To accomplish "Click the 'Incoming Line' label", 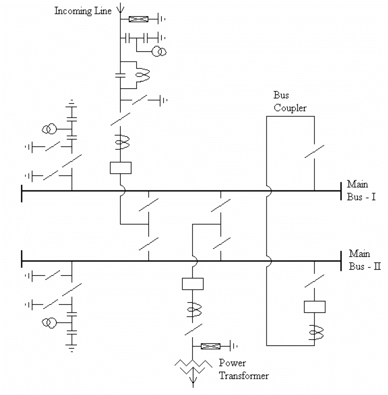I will tap(83, 10).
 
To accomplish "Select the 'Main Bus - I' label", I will tap(361, 190).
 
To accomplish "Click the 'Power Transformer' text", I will tap(244, 369).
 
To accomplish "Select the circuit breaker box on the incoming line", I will tap(120, 168).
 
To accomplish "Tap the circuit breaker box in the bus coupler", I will tap(314, 306).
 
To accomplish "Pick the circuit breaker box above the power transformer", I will tap(192, 284).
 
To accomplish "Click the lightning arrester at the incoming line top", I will tap(139, 19).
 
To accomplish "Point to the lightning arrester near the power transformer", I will tap(211, 346).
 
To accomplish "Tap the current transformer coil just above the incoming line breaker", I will tap(120, 143).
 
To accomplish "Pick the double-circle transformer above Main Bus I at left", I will tap(50, 129).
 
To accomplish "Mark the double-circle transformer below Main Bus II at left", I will tap(50, 323).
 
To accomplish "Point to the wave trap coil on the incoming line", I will tap(140, 72).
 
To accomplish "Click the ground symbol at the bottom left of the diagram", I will tap(71, 350).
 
